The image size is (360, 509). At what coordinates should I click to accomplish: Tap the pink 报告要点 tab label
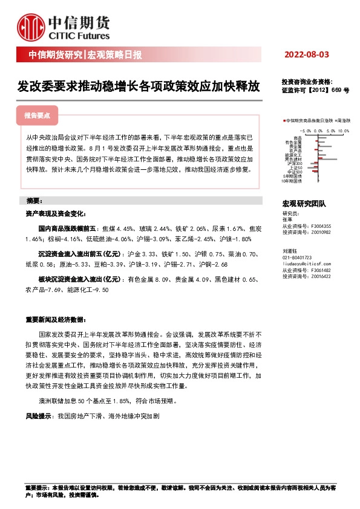(37, 114)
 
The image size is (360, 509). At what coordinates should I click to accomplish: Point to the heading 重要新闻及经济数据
(54, 319)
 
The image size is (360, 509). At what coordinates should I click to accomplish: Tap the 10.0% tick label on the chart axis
(344, 130)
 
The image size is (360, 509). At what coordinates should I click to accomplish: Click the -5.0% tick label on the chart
(305, 130)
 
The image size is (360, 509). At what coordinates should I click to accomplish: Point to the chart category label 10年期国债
(292, 180)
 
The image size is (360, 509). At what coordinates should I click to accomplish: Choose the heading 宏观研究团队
(304, 204)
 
